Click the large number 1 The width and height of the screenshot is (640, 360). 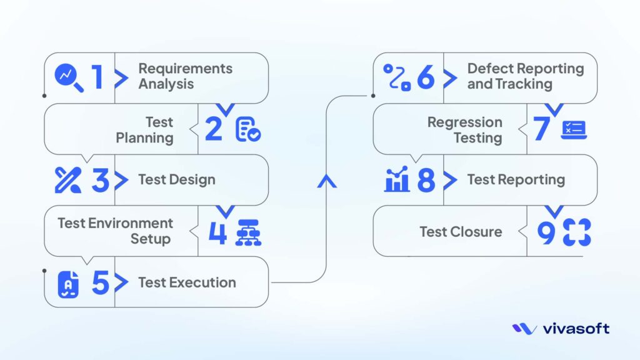point(96,77)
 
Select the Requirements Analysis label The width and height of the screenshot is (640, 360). point(185,77)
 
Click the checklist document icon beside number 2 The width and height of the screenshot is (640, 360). point(248,129)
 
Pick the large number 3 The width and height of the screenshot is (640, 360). point(100,180)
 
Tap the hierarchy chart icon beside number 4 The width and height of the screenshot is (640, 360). point(248,232)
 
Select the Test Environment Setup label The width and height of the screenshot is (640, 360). point(115,231)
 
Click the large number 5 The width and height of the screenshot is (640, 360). point(100,283)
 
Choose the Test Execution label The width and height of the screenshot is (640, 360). point(187,282)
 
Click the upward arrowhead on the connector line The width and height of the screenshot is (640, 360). point(326,181)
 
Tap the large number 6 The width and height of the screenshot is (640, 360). point(425,77)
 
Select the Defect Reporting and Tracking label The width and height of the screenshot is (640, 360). point(525,77)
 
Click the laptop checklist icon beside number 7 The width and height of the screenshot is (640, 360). point(573,129)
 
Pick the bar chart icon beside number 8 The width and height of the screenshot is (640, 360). point(397,180)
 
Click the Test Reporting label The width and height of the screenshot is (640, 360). point(516,180)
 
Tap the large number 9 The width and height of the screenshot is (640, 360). point(546,232)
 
